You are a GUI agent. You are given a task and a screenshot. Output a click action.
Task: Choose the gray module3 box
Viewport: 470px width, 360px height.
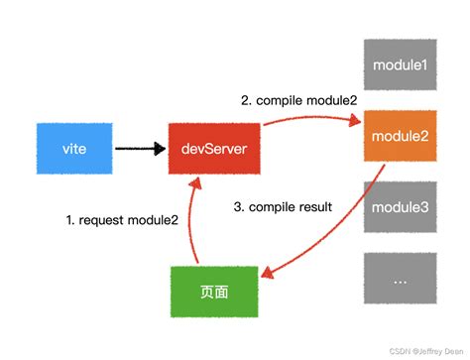click(x=401, y=207)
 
